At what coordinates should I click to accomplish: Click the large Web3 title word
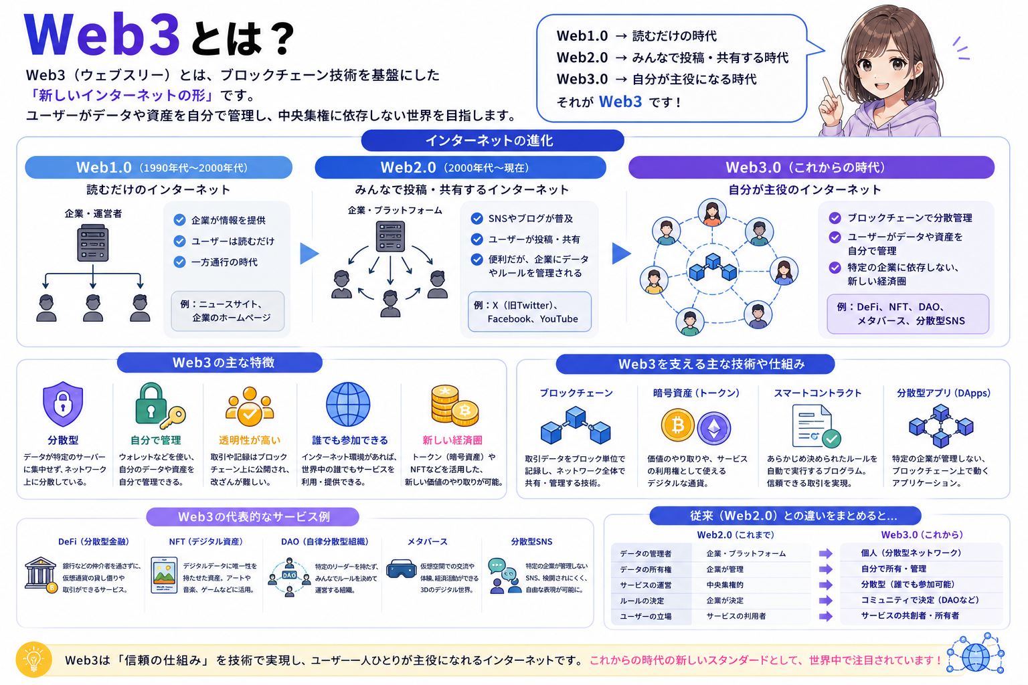pos(102,35)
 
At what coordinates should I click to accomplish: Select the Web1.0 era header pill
pos(159,167)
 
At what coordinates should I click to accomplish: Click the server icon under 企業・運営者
pos(93,243)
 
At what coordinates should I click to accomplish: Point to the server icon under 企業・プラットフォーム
pos(390,236)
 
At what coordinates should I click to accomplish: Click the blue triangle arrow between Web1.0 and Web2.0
pos(309,254)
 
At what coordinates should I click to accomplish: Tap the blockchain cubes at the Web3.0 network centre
pos(713,267)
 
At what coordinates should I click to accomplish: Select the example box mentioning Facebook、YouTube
pos(529,312)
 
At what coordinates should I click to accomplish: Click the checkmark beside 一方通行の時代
pos(179,262)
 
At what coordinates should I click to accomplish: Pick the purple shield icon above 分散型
pos(63,404)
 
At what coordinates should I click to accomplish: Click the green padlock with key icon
pos(159,404)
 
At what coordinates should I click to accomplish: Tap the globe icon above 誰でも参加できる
pos(348,404)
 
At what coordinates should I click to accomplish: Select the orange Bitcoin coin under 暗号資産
pos(677,425)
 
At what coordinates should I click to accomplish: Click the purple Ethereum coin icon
pos(714,429)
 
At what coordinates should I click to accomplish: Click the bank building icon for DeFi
pos(41,575)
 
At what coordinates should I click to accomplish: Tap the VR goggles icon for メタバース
pos(401,569)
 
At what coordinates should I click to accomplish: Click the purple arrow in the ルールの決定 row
pos(826,601)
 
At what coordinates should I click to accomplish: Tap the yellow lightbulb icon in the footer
pos(33,660)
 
